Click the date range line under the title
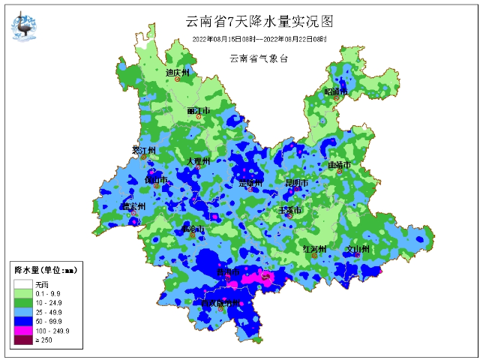coord(259,38)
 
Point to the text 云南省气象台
coord(259,58)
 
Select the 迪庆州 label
coord(178,73)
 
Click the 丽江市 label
coord(199,111)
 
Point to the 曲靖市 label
coord(339,164)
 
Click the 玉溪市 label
coord(289,211)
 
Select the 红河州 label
coord(313,248)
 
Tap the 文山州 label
coord(358,248)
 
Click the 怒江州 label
coord(142,150)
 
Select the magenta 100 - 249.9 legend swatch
coord(22,330)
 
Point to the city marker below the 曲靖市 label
coord(339,172)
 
